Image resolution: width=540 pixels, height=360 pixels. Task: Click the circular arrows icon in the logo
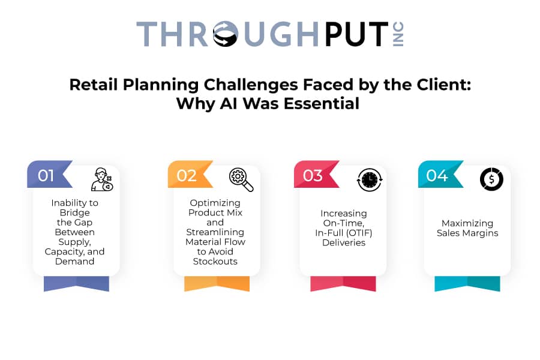point(226,34)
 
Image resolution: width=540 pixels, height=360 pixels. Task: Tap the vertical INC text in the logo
point(398,34)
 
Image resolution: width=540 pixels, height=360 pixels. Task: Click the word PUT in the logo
point(357,34)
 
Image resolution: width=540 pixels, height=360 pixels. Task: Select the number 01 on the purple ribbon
point(46,176)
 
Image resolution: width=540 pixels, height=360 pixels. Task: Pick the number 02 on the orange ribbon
point(187,176)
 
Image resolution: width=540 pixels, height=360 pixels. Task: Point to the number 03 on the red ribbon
point(313,176)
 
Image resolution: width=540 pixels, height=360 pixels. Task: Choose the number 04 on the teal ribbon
point(437,176)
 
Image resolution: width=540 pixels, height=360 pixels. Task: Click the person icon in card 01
point(102,179)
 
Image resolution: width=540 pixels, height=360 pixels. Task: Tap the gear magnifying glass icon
point(241,179)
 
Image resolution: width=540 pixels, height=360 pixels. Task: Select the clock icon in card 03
point(370,179)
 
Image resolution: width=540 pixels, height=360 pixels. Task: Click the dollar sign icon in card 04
point(491,179)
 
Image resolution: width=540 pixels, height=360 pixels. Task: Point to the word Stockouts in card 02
point(215,262)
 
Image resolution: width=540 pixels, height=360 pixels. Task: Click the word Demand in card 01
point(75,262)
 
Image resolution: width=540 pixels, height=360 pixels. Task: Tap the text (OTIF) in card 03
point(359,233)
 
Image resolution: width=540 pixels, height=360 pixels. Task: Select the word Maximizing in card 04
point(467,223)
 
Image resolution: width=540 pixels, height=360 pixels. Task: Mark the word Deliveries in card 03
point(344,242)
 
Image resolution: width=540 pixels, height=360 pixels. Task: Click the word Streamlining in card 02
point(215,232)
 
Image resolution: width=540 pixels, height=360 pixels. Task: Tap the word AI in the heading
point(229,103)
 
